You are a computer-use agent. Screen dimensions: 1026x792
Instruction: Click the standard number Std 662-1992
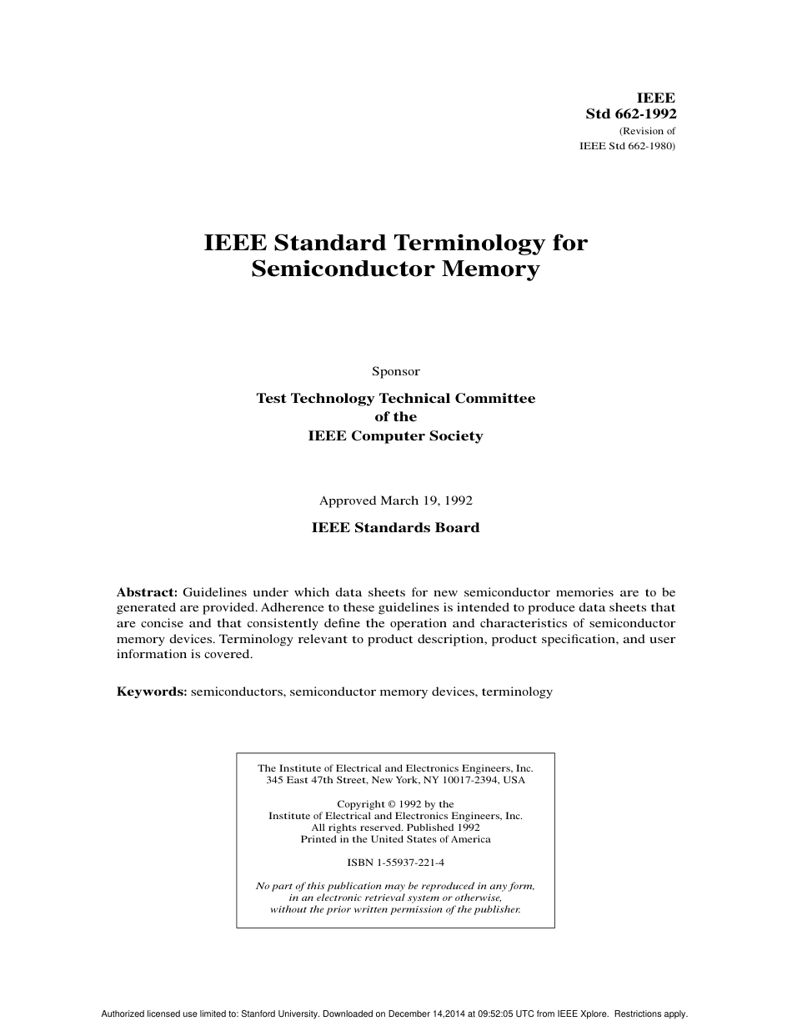tap(630, 114)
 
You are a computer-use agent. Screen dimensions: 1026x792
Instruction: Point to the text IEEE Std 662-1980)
tap(627, 146)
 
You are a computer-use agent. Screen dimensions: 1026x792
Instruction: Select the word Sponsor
tap(395, 371)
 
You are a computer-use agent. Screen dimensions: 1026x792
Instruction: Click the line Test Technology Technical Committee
tap(395, 399)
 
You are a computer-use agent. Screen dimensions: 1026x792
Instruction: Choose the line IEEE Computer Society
tap(395, 436)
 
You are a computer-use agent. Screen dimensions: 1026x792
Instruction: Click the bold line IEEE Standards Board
tap(395, 528)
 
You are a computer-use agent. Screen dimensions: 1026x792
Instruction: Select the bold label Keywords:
tap(152, 692)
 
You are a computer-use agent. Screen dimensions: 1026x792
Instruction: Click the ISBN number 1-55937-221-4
tap(409, 863)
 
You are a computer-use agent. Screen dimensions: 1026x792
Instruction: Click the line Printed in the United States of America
tap(395, 839)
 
